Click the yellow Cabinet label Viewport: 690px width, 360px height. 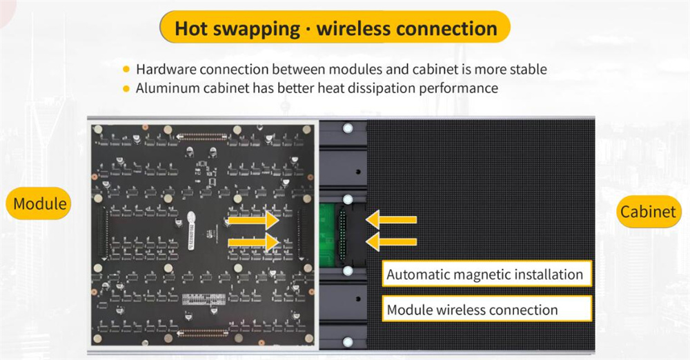tap(648, 211)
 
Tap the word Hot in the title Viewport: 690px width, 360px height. tap(190, 29)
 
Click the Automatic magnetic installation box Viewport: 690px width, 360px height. tap(485, 274)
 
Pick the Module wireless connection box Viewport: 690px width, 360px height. tap(473, 310)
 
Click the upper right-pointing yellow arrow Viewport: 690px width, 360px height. tap(253, 221)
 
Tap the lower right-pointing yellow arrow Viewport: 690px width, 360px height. tap(253, 242)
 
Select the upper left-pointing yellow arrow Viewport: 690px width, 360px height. tap(391, 220)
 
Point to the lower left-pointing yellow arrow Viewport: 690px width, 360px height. tap(391, 241)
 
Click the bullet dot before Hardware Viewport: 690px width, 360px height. tap(126, 70)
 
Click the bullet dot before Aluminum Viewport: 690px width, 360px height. tap(126, 88)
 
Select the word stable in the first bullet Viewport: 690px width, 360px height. tap(528, 70)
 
